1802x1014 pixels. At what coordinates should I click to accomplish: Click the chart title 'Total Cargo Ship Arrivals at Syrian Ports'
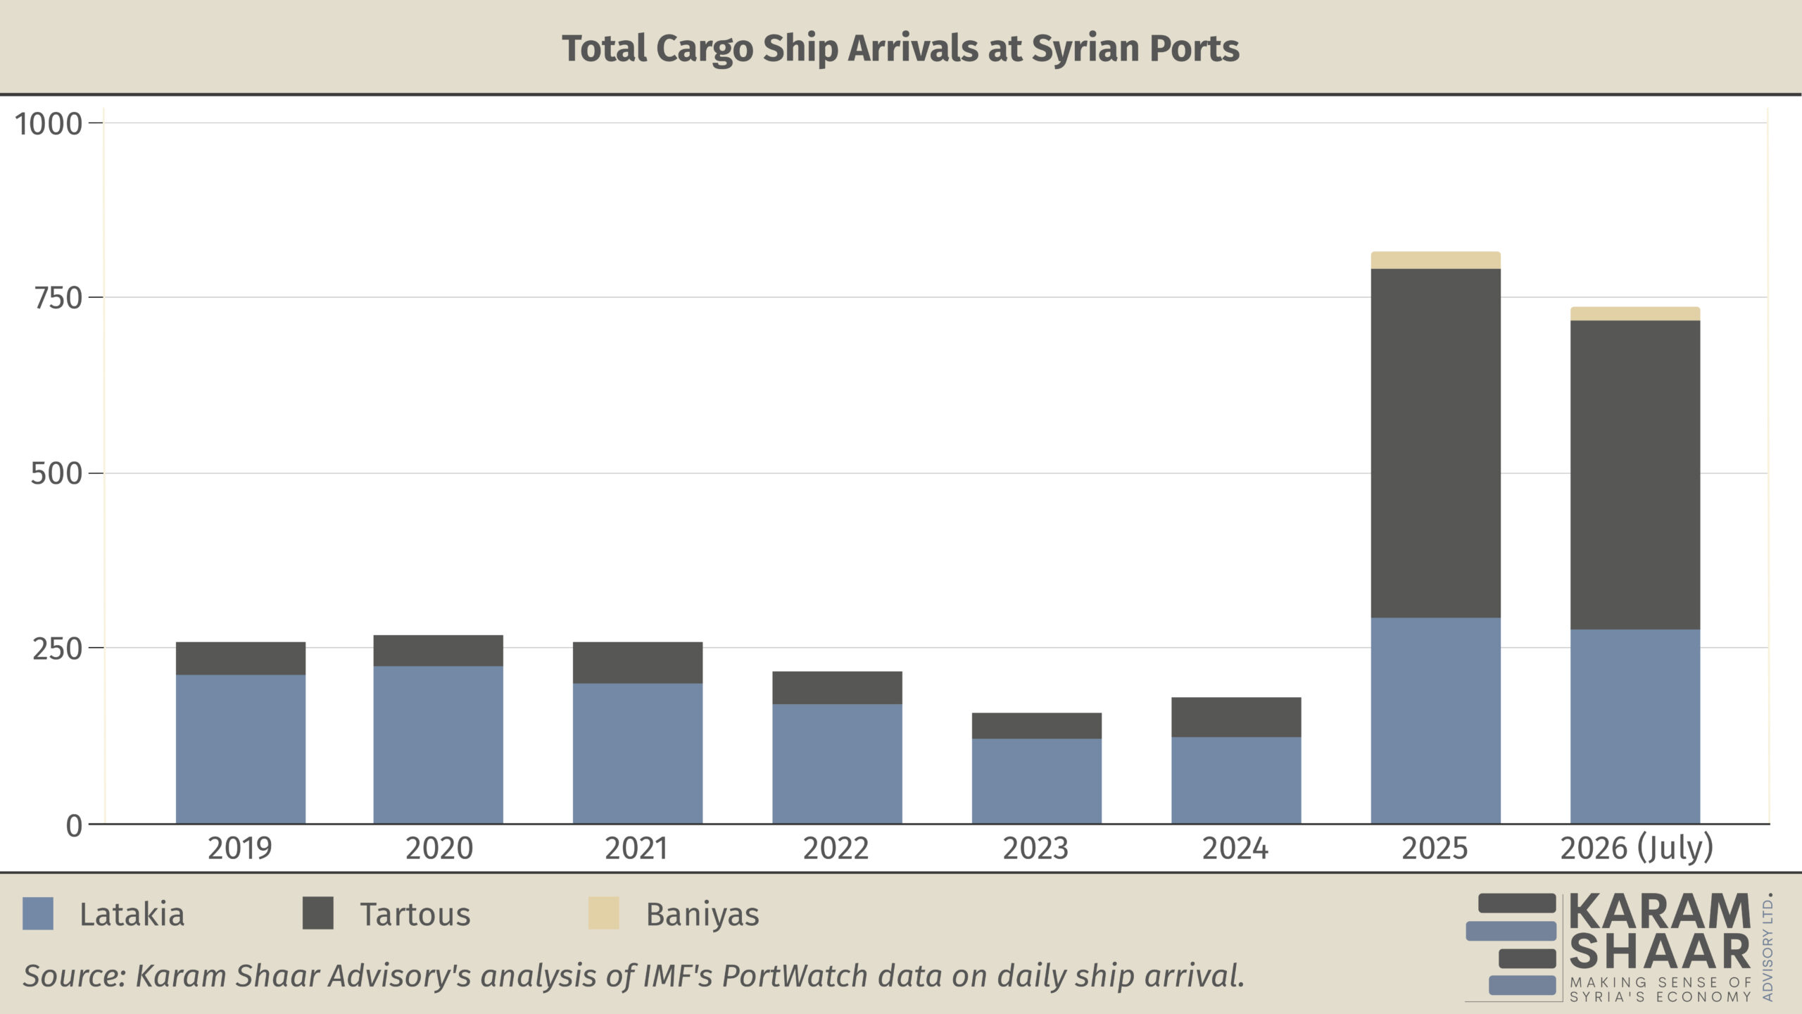tap(900, 49)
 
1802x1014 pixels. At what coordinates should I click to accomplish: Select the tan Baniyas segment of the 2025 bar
tap(1435, 260)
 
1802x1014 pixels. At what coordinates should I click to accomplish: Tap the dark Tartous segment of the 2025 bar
tap(1435, 443)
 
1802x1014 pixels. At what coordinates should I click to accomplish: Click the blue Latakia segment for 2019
tap(241, 749)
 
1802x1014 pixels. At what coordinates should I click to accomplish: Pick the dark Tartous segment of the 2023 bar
tap(1037, 725)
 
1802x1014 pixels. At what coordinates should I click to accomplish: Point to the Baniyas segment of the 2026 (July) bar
tap(1635, 313)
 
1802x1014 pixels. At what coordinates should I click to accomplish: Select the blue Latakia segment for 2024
tap(1236, 780)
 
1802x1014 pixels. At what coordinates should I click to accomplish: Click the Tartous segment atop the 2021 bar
tap(638, 662)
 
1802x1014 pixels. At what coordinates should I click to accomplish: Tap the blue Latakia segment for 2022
tap(837, 763)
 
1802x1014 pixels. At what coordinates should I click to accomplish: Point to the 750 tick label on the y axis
tap(58, 299)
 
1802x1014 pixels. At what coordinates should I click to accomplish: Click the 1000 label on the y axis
tap(49, 125)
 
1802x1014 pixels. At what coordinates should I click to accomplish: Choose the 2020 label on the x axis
tap(439, 849)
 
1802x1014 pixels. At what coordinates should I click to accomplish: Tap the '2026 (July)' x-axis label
tap(1637, 849)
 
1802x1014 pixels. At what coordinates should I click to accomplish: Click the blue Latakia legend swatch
tap(38, 913)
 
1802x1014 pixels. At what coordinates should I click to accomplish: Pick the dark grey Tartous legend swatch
tap(318, 913)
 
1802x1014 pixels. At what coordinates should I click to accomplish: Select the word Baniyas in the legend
tap(702, 915)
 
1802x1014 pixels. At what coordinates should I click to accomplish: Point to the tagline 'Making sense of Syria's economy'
tap(1661, 989)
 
